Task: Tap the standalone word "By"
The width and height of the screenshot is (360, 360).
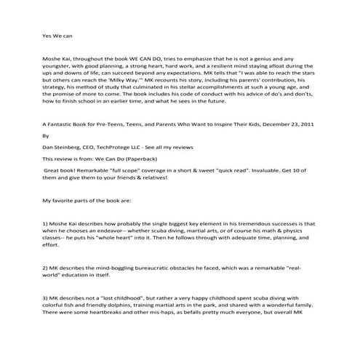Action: (x=47, y=155)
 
